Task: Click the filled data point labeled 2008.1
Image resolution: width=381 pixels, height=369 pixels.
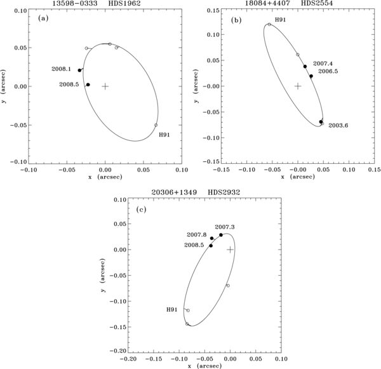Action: click(x=79, y=70)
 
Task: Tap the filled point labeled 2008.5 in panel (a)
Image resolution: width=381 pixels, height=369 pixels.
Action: click(x=88, y=84)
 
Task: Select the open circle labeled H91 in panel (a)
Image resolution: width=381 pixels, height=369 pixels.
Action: click(x=156, y=125)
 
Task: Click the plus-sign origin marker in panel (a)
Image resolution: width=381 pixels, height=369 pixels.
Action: click(x=105, y=86)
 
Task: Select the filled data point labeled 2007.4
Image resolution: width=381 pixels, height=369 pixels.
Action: click(x=305, y=66)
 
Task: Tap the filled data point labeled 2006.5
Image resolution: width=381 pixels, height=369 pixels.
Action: click(x=311, y=76)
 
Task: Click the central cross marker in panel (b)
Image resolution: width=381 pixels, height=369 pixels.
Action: click(x=297, y=86)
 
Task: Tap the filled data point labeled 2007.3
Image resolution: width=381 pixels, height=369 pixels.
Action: click(x=221, y=235)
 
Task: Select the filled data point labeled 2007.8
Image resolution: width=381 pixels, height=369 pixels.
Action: click(x=211, y=239)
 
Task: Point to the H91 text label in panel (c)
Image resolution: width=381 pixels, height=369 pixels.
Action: click(x=172, y=309)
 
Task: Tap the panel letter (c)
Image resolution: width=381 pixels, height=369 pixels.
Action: click(x=141, y=209)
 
